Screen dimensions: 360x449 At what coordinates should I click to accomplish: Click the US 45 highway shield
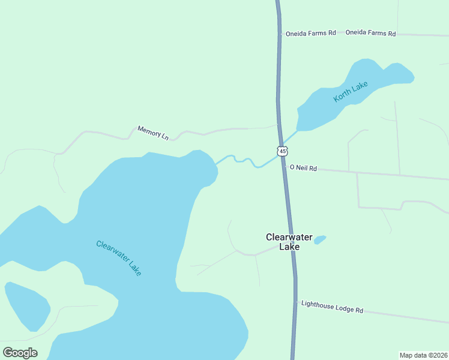[x=282, y=151]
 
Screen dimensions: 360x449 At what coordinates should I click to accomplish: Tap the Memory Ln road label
[x=153, y=133]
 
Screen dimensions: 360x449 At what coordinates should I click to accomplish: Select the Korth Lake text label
[x=351, y=91]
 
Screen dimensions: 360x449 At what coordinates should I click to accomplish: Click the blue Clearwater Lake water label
[x=119, y=258]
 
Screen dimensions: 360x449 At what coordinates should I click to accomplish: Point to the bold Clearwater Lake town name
[x=289, y=241]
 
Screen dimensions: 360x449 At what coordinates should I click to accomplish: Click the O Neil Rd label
[x=303, y=169]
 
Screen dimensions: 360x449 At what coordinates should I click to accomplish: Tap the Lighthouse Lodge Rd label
[x=333, y=307]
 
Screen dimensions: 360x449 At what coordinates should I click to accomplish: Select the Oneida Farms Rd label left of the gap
[x=310, y=33]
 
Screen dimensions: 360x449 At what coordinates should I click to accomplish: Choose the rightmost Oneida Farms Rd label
[x=370, y=34]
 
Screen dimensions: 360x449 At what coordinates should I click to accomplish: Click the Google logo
[x=20, y=353]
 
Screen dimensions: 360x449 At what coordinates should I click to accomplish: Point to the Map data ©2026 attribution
[x=423, y=355]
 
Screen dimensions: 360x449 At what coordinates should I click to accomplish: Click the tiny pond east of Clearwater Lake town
[x=319, y=240]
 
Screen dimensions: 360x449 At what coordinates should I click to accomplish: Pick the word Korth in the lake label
[x=342, y=96]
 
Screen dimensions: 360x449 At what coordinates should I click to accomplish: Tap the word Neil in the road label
[x=303, y=169]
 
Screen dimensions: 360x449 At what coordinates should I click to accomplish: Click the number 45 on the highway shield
[x=282, y=152]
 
